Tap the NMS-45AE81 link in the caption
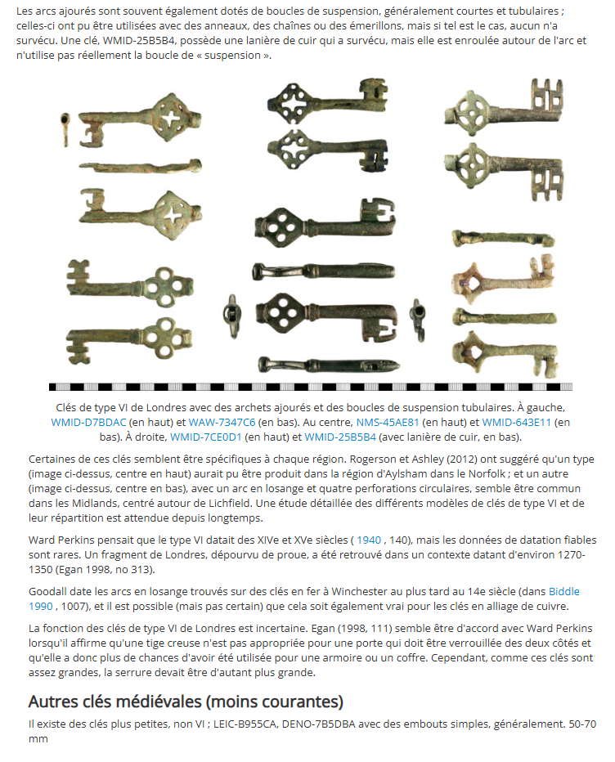coord(388,422)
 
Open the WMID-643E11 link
coord(517,422)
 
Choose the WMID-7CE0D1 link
coord(205,437)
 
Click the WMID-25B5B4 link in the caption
coord(339,437)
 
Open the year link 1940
coord(369,540)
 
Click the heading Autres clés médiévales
coord(186,701)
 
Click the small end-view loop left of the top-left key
coord(65,129)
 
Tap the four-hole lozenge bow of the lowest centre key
coord(280,311)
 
